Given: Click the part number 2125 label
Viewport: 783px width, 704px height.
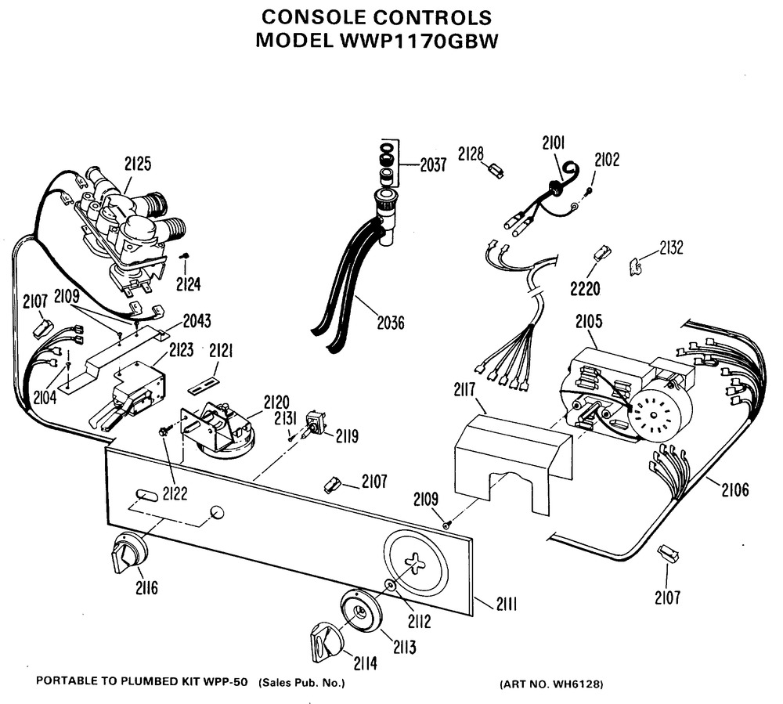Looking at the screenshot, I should coord(138,164).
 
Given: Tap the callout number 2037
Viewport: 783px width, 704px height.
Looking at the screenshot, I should coord(433,165).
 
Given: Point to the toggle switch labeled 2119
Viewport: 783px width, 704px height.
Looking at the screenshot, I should coord(314,424).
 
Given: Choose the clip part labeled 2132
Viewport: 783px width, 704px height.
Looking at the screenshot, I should coord(639,265).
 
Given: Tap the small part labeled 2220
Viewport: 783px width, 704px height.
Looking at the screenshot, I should coord(601,253).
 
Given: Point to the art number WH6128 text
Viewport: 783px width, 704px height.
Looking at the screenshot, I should coord(551,684).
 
